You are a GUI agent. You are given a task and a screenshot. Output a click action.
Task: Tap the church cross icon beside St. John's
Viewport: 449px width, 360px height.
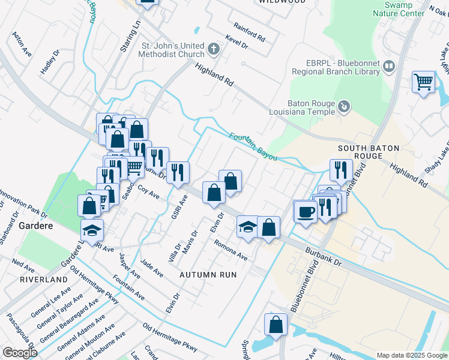[x=212, y=48]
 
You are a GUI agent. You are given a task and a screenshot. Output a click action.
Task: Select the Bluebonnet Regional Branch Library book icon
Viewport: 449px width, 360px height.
[x=389, y=66]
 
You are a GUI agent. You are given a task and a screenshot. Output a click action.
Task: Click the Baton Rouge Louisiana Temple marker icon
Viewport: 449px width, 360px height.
[x=344, y=107]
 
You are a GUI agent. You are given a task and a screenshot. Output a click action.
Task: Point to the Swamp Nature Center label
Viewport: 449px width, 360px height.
[x=399, y=8]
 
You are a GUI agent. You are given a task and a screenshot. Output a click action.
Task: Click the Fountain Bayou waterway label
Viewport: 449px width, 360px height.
[x=253, y=146]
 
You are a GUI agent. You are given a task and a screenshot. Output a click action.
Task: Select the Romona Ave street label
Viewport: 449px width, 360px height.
[x=232, y=250]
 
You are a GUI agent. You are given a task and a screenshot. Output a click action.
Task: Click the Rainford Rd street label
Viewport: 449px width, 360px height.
[x=249, y=32]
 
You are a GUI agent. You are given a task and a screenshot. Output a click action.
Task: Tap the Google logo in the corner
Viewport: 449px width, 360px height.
[x=20, y=352]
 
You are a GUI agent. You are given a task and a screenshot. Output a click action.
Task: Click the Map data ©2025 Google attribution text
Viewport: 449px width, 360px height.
[x=411, y=355]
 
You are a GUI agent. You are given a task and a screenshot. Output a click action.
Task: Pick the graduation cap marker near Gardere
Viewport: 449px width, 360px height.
[x=92, y=230]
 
